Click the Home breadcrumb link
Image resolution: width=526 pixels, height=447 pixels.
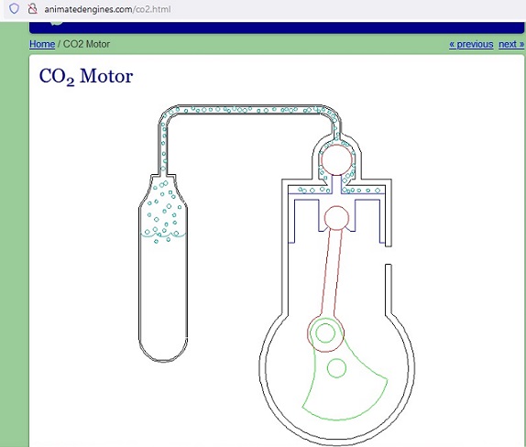(42, 44)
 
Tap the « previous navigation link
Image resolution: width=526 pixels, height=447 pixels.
(471, 44)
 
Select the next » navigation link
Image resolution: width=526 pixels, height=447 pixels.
(511, 44)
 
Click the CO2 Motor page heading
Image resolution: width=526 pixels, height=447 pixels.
(86, 76)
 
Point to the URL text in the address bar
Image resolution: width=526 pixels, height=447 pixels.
(108, 9)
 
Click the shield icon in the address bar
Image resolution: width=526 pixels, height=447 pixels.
(14, 8)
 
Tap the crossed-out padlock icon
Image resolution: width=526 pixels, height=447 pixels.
(33, 9)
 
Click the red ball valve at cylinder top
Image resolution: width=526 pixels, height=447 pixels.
(337, 160)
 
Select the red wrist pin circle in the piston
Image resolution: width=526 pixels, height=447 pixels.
(337, 218)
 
